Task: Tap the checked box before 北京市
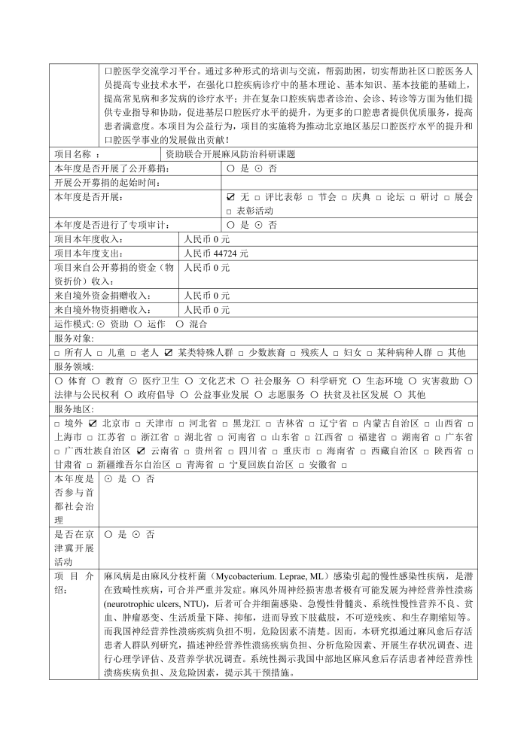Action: click(x=93, y=423)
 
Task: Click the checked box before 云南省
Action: click(x=141, y=451)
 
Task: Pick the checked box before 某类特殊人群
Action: click(x=169, y=352)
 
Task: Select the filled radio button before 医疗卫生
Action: click(x=133, y=381)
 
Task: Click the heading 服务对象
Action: click(x=74, y=339)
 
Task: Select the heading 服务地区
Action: click(x=74, y=408)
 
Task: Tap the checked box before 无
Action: click(x=230, y=197)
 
